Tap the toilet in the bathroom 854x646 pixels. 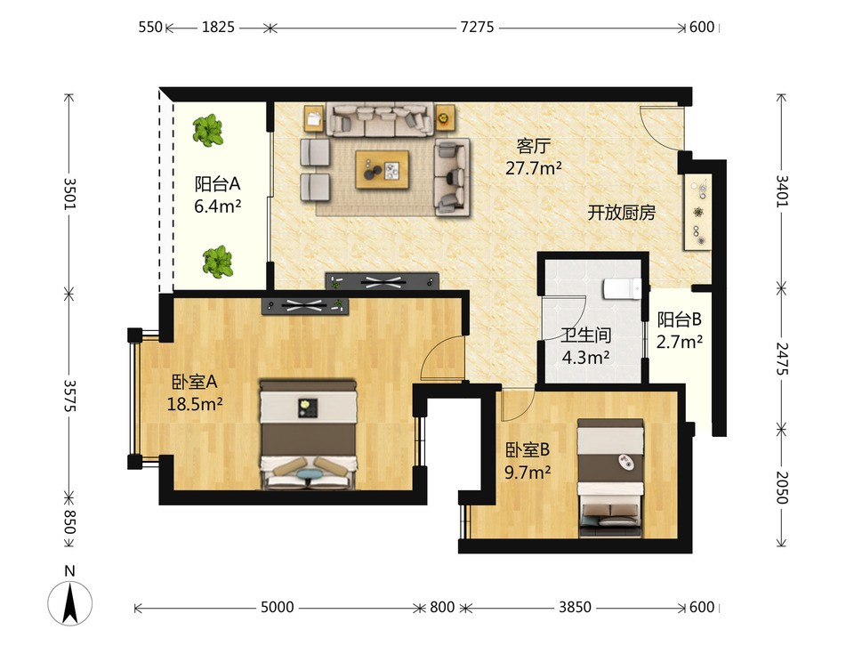622,288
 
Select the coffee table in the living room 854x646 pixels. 382,169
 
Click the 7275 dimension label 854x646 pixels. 477,27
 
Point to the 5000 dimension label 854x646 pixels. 278,607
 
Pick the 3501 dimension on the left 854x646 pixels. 69,193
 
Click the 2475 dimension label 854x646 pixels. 782,359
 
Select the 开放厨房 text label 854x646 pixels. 622,213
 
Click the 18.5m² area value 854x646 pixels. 195,404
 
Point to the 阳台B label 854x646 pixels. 679,319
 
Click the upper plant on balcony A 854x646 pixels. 207,131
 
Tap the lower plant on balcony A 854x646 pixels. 218,262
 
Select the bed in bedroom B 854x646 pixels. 610,478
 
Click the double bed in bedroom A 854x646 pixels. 309,434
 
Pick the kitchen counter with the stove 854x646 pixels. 697,213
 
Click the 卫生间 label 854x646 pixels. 586,335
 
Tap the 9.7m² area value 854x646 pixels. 528,472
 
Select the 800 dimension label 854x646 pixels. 442,607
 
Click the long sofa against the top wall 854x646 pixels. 380,119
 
